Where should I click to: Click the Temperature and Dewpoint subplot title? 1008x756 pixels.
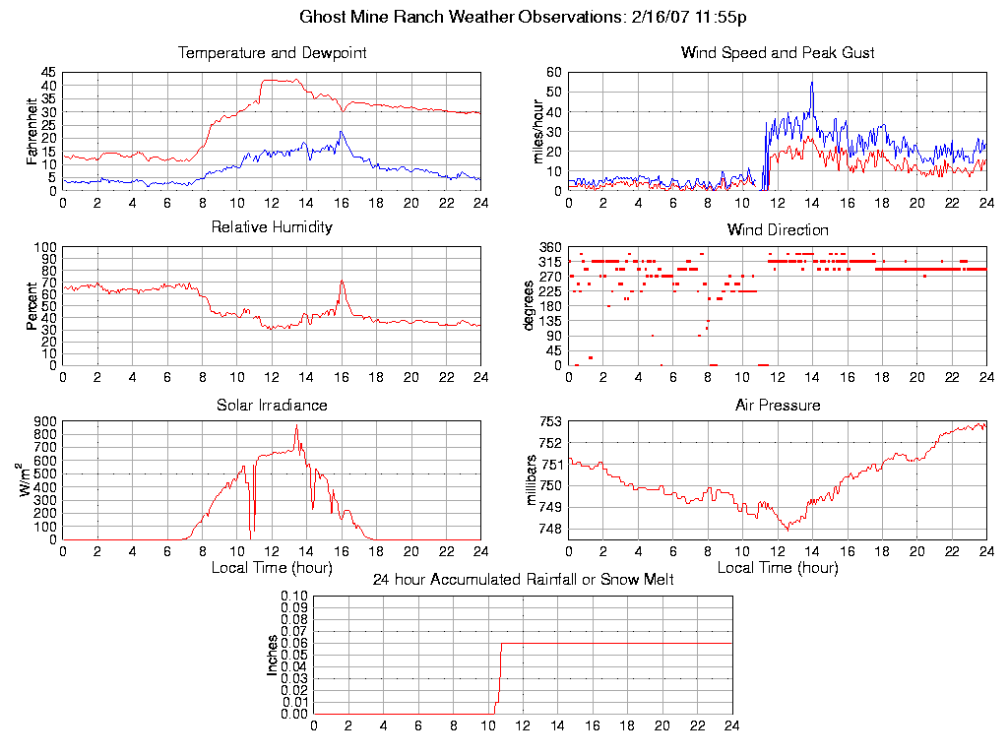click(272, 53)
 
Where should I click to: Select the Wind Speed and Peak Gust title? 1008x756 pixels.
click(778, 53)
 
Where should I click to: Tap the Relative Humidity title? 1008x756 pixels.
click(272, 227)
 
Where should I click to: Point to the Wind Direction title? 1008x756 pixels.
click(778, 230)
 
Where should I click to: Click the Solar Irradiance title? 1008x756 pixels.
click(272, 405)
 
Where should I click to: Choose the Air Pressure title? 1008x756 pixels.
click(778, 405)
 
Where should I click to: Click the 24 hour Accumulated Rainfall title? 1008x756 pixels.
click(523, 580)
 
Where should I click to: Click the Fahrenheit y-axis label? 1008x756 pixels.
click(32, 131)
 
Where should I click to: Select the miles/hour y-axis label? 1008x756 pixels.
click(537, 131)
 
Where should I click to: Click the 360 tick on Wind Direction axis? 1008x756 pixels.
click(549, 247)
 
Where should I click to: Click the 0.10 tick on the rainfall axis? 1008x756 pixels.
click(294, 597)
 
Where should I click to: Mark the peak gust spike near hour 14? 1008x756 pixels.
click(812, 83)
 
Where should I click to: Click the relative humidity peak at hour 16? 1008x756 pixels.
click(342, 282)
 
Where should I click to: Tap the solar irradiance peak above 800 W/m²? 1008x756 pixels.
click(296, 426)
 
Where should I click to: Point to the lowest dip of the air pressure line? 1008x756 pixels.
click(787, 530)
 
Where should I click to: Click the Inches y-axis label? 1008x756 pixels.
click(273, 655)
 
